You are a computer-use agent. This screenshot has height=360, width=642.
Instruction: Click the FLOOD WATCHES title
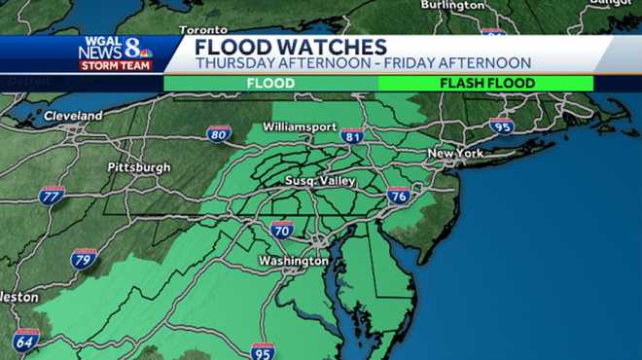point(291,47)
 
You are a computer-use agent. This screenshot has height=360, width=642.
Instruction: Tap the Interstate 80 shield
point(219,134)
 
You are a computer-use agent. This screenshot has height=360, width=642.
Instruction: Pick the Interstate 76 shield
point(398,195)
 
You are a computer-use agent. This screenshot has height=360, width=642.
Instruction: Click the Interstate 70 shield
point(282,230)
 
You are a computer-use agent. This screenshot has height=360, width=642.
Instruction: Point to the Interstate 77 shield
point(53,195)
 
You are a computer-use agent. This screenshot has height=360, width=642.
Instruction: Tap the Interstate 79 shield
point(85,259)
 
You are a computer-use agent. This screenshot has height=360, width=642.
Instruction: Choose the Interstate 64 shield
point(26,341)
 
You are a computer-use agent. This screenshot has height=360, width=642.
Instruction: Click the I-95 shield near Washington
point(262,351)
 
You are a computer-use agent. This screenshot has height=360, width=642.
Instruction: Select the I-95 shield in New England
point(501,126)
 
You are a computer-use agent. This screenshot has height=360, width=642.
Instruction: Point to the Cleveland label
point(73,116)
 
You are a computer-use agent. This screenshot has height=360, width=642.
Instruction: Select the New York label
point(455,154)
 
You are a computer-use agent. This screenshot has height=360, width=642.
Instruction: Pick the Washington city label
point(293,262)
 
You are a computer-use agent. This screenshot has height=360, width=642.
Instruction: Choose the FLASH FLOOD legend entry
point(486,84)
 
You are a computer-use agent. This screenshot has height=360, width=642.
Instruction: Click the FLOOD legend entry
point(270,84)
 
